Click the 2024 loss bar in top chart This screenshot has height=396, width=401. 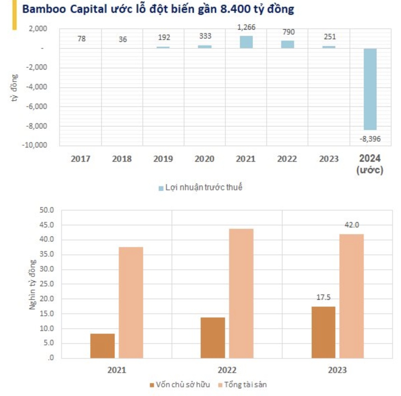click(x=370, y=89)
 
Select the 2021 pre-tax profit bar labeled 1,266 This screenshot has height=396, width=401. click(x=246, y=42)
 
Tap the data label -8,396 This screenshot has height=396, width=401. click(x=370, y=139)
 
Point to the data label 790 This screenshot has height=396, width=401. click(x=288, y=32)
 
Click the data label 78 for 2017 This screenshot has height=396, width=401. click(x=82, y=39)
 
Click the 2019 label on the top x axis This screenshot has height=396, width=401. click(x=163, y=159)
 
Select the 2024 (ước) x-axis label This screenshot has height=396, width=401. click(x=370, y=164)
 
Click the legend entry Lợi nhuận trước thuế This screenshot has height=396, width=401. click(x=203, y=188)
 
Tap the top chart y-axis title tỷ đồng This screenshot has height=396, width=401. click(x=14, y=88)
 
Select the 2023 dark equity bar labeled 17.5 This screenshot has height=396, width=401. click(x=323, y=332)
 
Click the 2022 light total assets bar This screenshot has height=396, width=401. click(x=241, y=293)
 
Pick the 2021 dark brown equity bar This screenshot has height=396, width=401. click(x=102, y=346)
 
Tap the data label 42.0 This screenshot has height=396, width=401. click(x=352, y=225)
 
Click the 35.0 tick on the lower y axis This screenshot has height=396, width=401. click(x=47, y=254)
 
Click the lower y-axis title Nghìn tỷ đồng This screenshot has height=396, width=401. click(x=32, y=284)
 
